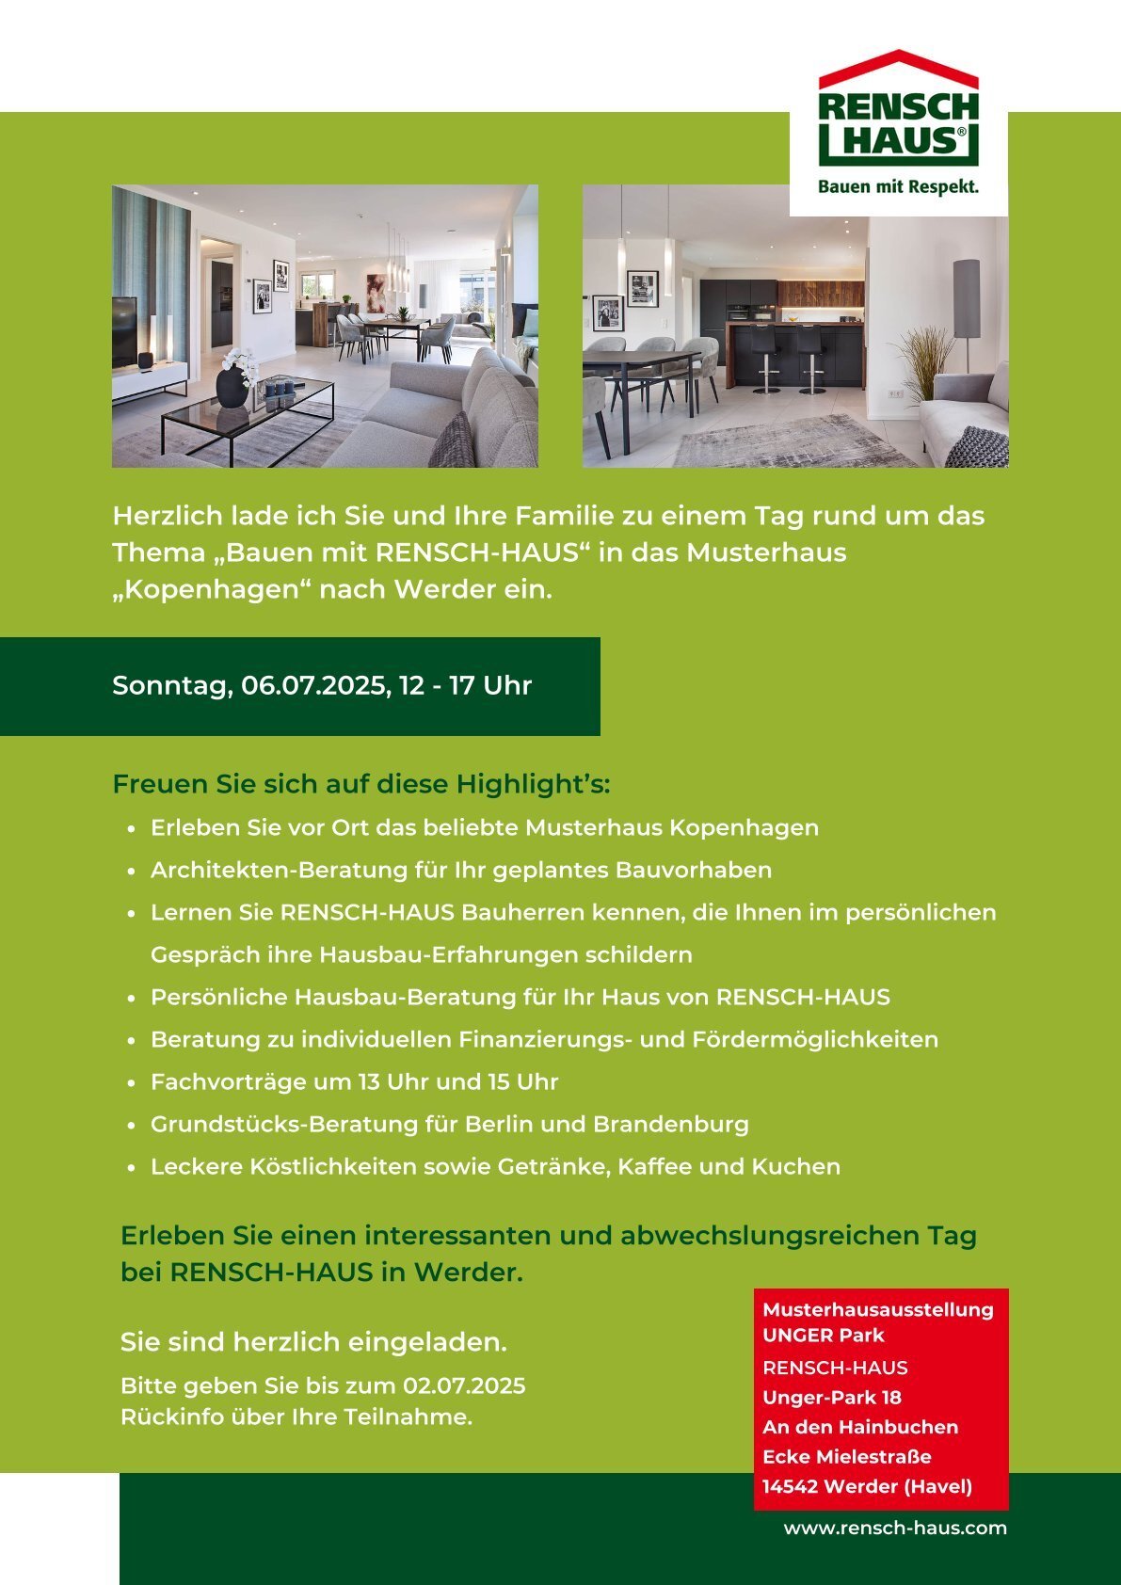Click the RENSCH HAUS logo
[x=898, y=113]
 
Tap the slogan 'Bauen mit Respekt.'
[x=898, y=187]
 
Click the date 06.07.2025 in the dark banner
[x=315, y=685]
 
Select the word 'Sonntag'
[x=170, y=686]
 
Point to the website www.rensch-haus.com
[x=895, y=1529]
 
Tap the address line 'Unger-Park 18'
[x=832, y=1398]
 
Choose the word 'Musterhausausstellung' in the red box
[x=878, y=1309]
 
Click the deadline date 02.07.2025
[x=464, y=1386]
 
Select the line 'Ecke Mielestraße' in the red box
[x=847, y=1457]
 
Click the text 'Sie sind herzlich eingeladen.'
[x=313, y=1342]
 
